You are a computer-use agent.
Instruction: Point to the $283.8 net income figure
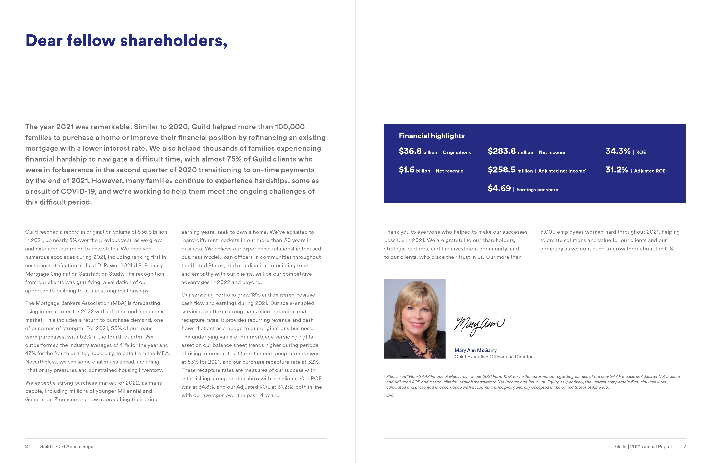(501, 151)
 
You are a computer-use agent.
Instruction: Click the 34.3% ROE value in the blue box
(617, 151)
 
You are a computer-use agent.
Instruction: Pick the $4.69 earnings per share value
(499, 188)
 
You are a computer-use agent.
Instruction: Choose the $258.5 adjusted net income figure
(501, 170)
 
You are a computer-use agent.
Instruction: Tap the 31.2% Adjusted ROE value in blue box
(617, 170)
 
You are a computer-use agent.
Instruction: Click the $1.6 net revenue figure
(406, 170)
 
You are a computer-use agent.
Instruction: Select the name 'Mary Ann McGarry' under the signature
(475, 350)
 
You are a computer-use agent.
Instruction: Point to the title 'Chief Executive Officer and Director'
(493, 357)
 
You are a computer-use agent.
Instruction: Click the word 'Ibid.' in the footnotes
(390, 395)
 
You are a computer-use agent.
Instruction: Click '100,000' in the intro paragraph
(290, 127)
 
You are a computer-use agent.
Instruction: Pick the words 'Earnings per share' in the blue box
(537, 190)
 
